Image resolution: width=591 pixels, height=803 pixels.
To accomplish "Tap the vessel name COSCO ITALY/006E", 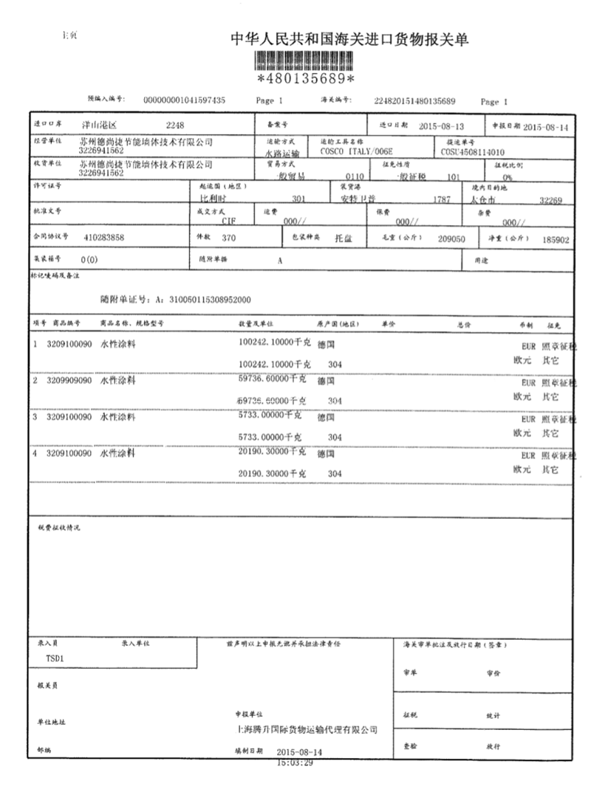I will pyautogui.click(x=352, y=149).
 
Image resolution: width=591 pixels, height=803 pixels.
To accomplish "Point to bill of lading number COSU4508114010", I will pyautogui.click(x=473, y=149).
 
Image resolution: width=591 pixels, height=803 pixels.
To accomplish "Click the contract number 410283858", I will pyautogui.click(x=104, y=238).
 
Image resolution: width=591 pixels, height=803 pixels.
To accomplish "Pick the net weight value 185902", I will pyautogui.click(x=555, y=239).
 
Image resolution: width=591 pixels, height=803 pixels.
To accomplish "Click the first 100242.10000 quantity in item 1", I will pyautogui.click(x=272, y=343).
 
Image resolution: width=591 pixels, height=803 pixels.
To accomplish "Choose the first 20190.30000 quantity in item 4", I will pyautogui.click(x=272, y=452).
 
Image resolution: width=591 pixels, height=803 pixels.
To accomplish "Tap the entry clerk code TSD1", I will pyautogui.click(x=46, y=658).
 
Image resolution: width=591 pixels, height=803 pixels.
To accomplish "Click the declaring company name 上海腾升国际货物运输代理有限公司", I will pyautogui.click(x=305, y=730).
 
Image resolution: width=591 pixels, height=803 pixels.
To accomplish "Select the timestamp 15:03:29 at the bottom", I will pyautogui.click(x=295, y=762).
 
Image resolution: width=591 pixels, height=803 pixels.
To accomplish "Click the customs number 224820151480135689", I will pyautogui.click(x=414, y=100).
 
